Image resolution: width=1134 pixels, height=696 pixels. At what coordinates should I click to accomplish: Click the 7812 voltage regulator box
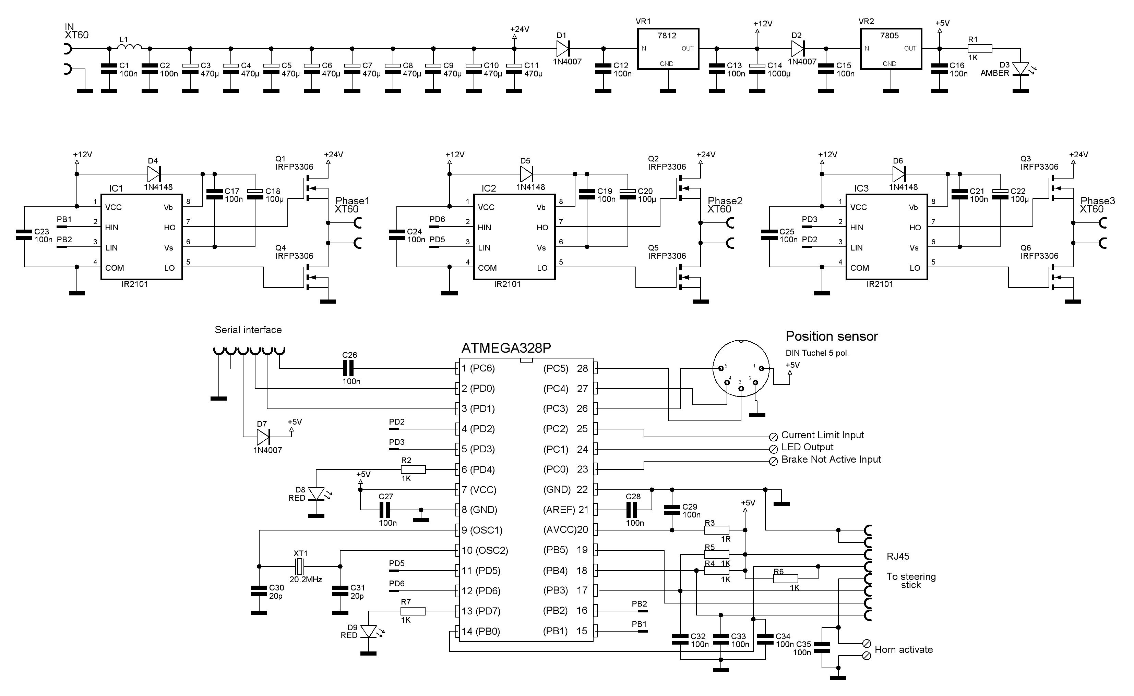click(x=667, y=49)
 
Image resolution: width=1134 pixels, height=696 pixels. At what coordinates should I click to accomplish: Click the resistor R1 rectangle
click(x=980, y=49)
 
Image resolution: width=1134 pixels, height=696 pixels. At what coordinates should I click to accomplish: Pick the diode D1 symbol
click(x=563, y=48)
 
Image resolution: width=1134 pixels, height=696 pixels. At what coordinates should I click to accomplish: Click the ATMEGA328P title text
click(x=506, y=348)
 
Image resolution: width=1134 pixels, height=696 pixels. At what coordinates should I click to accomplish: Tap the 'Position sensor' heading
click(x=832, y=337)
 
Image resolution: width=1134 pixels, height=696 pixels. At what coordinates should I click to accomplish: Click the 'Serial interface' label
click(x=248, y=330)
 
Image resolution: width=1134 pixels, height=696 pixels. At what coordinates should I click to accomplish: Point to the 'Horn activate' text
click(x=903, y=649)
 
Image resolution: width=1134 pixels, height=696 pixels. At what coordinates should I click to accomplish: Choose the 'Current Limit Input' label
click(x=822, y=435)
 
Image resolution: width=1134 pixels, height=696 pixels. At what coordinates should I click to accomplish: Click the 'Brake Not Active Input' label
click(x=831, y=460)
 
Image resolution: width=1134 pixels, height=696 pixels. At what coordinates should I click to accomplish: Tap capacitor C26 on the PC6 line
click(x=349, y=368)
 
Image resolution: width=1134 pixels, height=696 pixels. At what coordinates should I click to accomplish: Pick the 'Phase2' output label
click(x=725, y=201)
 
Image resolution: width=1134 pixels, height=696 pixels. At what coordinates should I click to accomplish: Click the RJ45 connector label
click(x=898, y=556)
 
